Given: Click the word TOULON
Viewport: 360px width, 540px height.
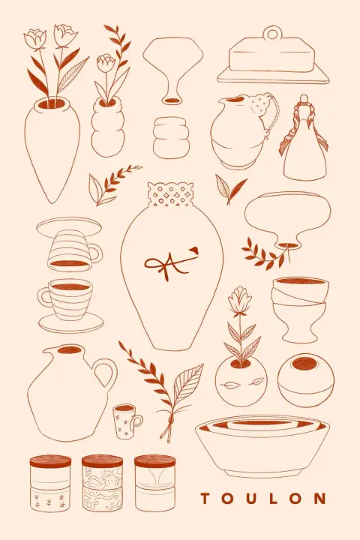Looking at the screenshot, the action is tap(263, 498).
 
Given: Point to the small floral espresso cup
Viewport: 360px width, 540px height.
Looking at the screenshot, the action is tap(127, 421).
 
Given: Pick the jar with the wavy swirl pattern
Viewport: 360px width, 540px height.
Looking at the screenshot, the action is tap(102, 483).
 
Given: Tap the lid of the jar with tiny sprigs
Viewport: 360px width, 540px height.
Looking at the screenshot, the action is tap(50, 461).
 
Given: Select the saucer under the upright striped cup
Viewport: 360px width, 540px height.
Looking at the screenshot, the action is tap(71, 323).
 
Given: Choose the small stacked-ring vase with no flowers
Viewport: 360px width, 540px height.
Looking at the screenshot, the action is tap(172, 138).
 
